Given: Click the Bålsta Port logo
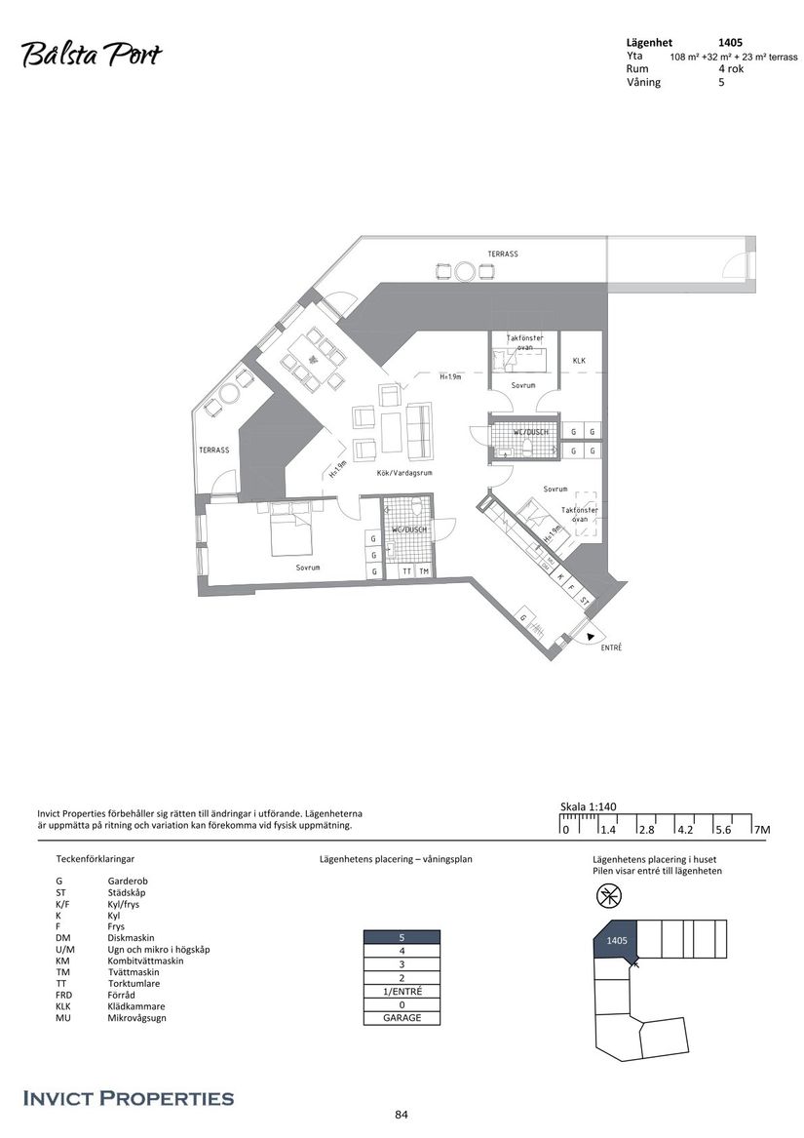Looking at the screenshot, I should (x=91, y=56).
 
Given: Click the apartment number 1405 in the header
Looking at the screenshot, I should (x=732, y=43).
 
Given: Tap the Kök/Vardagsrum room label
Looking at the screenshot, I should (x=403, y=472).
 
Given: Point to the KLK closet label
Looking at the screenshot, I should (x=579, y=360).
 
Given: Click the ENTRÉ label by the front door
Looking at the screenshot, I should (x=611, y=647).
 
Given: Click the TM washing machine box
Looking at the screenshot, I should (x=424, y=570).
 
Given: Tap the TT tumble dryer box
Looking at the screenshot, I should (x=407, y=570).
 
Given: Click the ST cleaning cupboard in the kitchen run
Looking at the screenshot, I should (x=584, y=601).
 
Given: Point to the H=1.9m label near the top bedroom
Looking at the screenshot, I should (x=449, y=376).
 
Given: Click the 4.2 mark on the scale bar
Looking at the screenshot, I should (x=683, y=830).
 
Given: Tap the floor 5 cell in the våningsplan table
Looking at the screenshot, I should (x=402, y=937).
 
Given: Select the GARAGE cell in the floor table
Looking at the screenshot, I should (x=402, y=1018).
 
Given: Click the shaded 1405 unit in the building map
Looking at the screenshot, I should (x=615, y=941).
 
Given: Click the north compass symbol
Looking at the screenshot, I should (x=609, y=895).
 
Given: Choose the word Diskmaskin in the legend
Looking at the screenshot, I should (x=131, y=938).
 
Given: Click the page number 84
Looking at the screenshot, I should (x=401, y=1115).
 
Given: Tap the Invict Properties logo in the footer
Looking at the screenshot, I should (x=128, y=1098).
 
